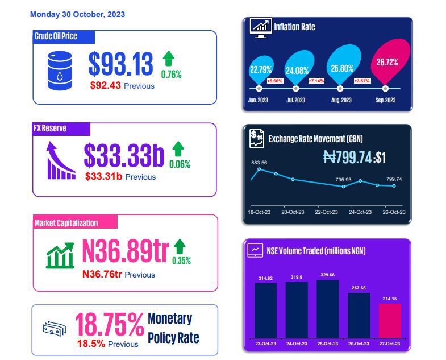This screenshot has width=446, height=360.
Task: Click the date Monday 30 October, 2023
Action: point(77,14)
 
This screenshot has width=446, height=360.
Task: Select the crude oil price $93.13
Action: point(120,64)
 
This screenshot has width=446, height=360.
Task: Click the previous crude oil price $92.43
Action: point(106,85)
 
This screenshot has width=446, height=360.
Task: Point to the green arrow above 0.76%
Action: point(168,59)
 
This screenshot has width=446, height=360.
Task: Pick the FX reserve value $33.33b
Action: point(124,155)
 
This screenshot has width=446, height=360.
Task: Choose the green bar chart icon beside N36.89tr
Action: point(60,255)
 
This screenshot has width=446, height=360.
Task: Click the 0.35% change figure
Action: point(181,260)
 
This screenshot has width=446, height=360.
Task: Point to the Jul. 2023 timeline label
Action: point(295,100)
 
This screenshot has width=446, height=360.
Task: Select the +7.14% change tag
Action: point(316,81)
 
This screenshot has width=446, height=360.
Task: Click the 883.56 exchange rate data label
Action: point(259,163)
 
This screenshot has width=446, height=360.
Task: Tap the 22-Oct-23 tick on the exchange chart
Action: point(326,212)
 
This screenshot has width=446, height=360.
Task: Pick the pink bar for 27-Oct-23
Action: point(390,321)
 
